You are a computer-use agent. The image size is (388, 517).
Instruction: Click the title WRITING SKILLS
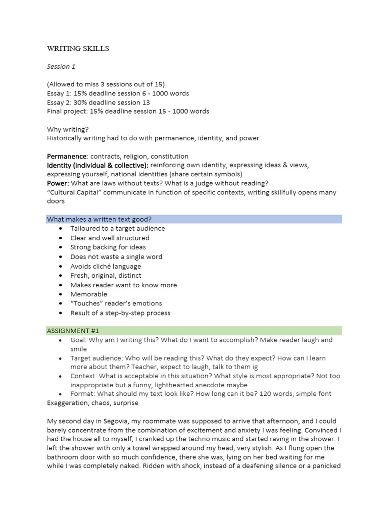click(x=78, y=49)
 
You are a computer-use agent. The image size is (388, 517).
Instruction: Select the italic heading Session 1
click(x=62, y=66)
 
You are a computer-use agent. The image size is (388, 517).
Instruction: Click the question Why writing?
click(x=68, y=129)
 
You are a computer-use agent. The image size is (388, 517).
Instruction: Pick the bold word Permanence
click(x=67, y=156)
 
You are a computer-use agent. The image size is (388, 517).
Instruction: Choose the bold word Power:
click(x=58, y=183)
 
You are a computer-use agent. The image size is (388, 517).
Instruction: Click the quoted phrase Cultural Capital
click(x=76, y=192)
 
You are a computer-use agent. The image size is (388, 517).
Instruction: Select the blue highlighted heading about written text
click(x=100, y=219)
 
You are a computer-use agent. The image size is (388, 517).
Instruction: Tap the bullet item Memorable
click(x=89, y=294)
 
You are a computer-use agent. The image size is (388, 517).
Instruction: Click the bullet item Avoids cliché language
click(x=106, y=266)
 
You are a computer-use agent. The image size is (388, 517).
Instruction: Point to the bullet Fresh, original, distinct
click(x=106, y=275)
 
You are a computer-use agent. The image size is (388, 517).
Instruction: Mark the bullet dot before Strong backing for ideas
click(x=61, y=247)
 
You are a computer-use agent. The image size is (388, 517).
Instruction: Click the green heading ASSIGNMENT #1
click(x=73, y=331)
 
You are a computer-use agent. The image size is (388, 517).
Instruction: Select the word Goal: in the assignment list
click(x=79, y=340)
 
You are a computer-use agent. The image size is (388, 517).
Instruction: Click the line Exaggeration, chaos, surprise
click(x=92, y=403)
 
